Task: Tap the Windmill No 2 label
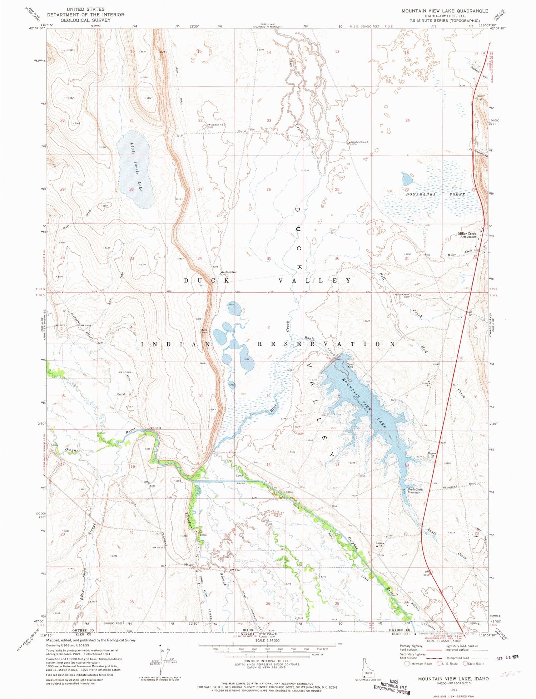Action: (217, 125)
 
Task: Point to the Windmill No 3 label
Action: (359, 142)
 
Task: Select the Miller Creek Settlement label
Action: (467, 235)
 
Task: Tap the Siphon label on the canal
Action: (241, 483)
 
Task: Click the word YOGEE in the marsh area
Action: (457, 194)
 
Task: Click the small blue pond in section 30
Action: (407, 179)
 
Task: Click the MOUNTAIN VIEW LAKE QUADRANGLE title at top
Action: (445, 11)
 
